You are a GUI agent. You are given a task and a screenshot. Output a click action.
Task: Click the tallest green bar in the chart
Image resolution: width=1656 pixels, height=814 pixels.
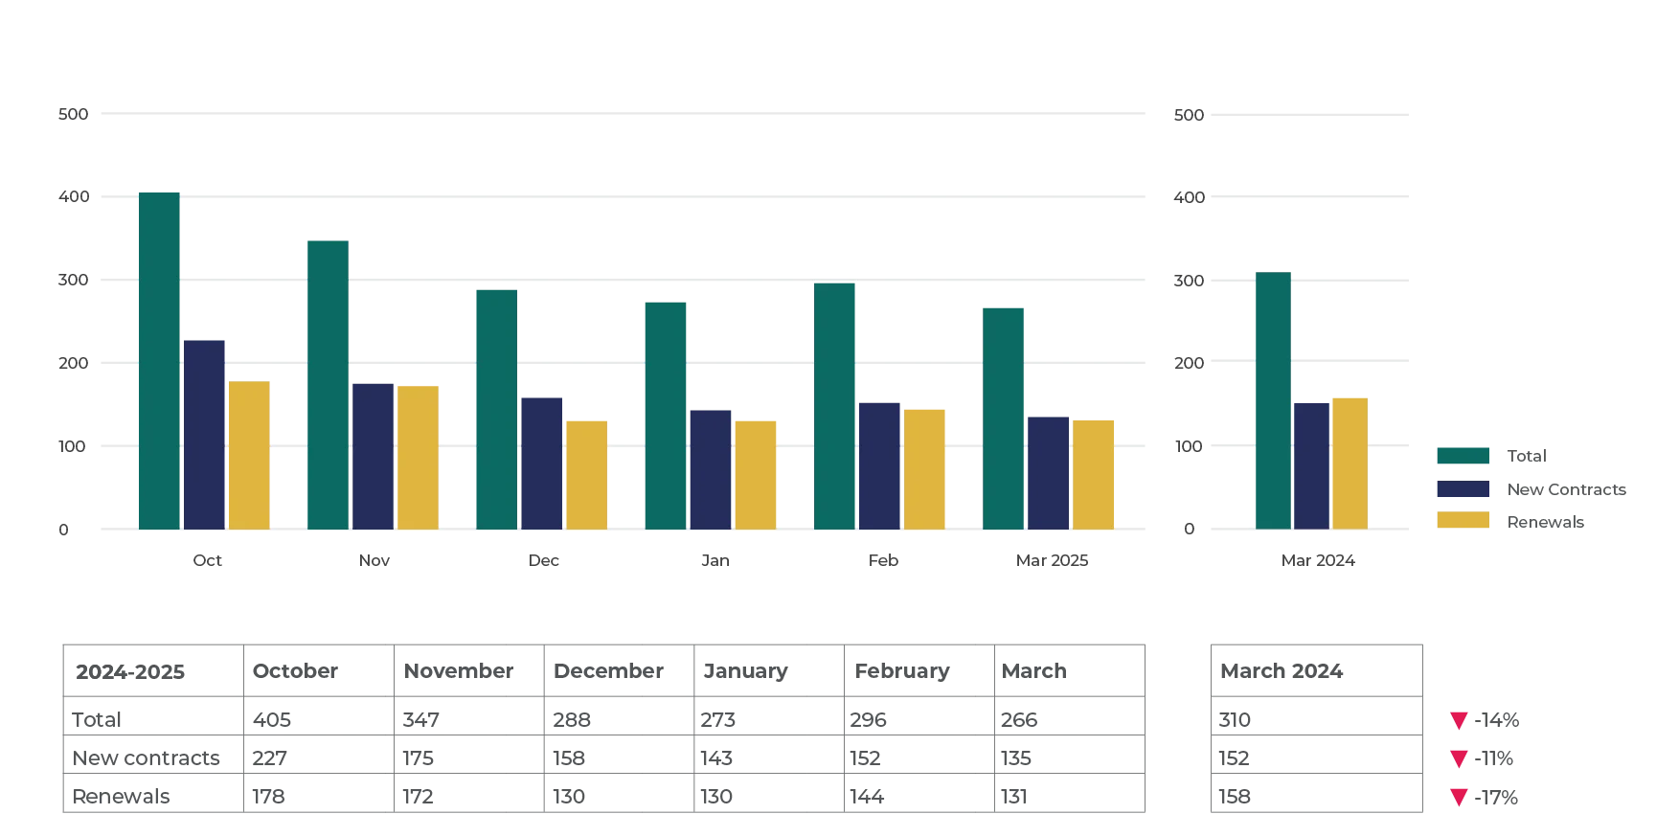(160, 360)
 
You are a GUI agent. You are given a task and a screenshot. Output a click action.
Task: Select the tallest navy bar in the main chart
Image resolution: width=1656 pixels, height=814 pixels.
(206, 433)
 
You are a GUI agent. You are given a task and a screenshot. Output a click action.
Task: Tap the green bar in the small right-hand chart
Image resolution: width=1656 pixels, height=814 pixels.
(1273, 399)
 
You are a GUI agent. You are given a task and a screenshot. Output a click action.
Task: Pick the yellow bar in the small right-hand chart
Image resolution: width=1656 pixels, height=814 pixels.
(1350, 461)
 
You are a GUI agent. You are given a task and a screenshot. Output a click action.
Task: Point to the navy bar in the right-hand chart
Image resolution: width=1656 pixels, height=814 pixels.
(1311, 464)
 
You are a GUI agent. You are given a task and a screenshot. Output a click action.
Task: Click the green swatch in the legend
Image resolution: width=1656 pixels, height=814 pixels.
(1463, 456)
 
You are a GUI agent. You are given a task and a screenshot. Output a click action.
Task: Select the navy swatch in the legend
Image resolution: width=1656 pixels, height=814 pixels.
(1463, 487)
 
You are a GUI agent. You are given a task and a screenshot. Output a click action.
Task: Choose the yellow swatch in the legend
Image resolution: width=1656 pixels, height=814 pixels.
(1463, 519)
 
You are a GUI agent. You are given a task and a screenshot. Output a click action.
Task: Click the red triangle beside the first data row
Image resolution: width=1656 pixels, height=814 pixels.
(1459, 720)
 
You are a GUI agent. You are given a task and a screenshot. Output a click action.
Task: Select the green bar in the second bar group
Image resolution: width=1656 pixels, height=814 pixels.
(329, 383)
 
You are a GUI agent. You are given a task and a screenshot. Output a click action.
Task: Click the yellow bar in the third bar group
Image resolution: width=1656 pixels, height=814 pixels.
(588, 472)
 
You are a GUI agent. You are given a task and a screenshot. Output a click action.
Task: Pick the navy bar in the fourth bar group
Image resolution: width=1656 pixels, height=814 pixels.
(712, 468)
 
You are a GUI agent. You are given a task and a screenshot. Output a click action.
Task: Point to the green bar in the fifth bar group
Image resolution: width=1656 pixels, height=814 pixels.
(835, 405)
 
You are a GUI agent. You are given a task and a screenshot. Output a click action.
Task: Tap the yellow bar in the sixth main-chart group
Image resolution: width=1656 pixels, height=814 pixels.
(1095, 472)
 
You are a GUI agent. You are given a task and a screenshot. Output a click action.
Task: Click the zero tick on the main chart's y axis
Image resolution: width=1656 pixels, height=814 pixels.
(63, 529)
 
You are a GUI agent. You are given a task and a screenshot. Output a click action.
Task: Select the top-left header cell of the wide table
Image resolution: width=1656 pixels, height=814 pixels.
(150, 671)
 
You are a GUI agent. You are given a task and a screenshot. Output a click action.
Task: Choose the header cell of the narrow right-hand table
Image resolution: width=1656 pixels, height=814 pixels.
(1317, 671)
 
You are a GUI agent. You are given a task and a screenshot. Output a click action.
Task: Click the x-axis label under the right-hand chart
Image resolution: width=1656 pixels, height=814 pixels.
(1318, 559)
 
